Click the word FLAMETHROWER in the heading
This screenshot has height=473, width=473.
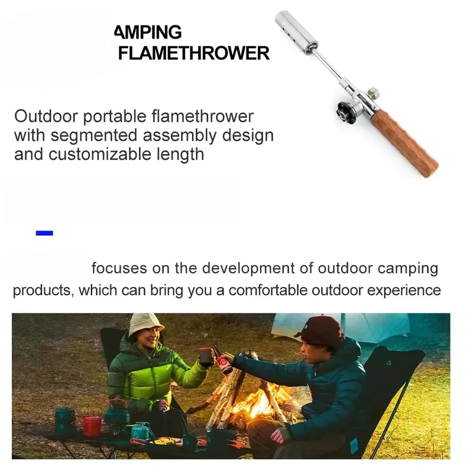[194, 53]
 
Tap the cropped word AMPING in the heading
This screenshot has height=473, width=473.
[148, 32]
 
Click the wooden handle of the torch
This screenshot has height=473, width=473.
[405, 143]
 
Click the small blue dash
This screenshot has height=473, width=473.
[44, 233]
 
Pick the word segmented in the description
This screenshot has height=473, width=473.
[94, 135]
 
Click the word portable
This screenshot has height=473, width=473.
[114, 116]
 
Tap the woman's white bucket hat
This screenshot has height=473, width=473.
[145, 325]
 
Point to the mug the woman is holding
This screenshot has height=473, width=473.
[206, 358]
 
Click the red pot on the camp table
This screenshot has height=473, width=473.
[92, 427]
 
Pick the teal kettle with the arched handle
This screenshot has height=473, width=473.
[116, 412]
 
